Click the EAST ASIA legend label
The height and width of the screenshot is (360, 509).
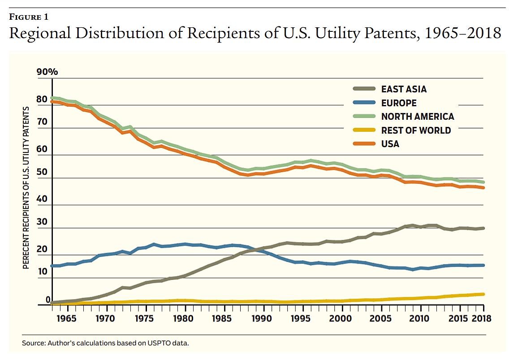tap(404, 89)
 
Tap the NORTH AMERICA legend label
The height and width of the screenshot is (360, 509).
tap(418, 117)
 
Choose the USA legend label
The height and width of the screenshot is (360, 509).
tap(390, 144)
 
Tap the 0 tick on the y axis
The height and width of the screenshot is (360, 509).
tap(48, 299)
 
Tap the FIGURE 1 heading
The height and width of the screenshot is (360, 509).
tap(29, 17)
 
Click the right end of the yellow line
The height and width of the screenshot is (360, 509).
tap(483, 294)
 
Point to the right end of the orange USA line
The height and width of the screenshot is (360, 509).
tap(483, 187)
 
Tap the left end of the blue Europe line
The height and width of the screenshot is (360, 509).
tap(52, 266)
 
